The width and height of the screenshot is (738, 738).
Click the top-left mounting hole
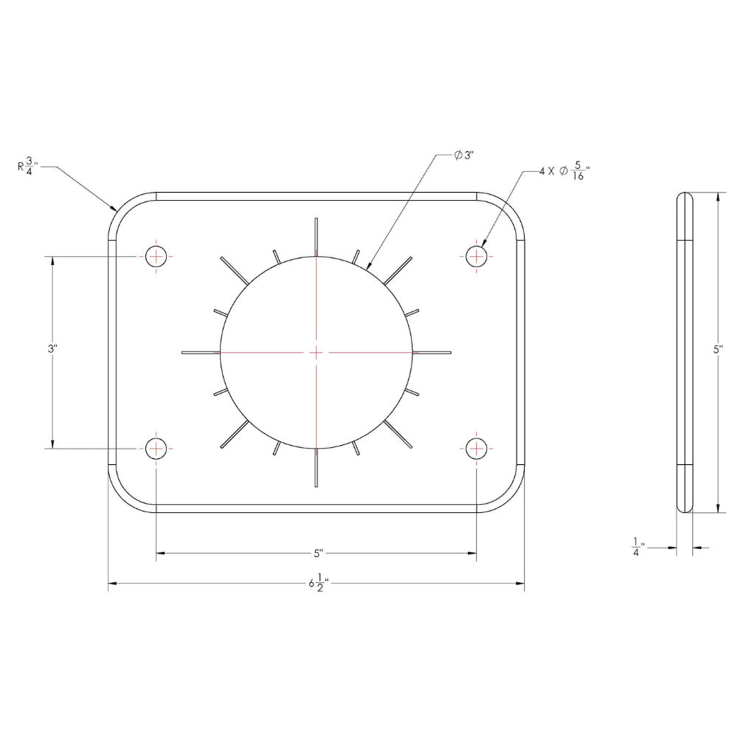[x=156, y=257]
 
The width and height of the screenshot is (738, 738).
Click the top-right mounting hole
[x=477, y=257]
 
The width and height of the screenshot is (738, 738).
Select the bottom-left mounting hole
[x=156, y=448]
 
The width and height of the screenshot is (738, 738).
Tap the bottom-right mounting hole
[x=477, y=448]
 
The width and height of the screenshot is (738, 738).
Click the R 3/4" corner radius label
[x=28, y=167]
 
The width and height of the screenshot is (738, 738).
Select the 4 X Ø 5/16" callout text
[x=565, y=173]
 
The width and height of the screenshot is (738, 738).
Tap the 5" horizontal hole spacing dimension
[x=318, y=553]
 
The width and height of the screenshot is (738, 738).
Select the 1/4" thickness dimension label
[x=637, y=548]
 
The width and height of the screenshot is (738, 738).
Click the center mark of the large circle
[x=316, y=352]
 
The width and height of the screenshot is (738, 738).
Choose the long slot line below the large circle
[x=316, y=468]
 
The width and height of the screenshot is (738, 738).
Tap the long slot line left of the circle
[x=200, y=352]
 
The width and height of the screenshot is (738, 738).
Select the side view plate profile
[x=686, y=352]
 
